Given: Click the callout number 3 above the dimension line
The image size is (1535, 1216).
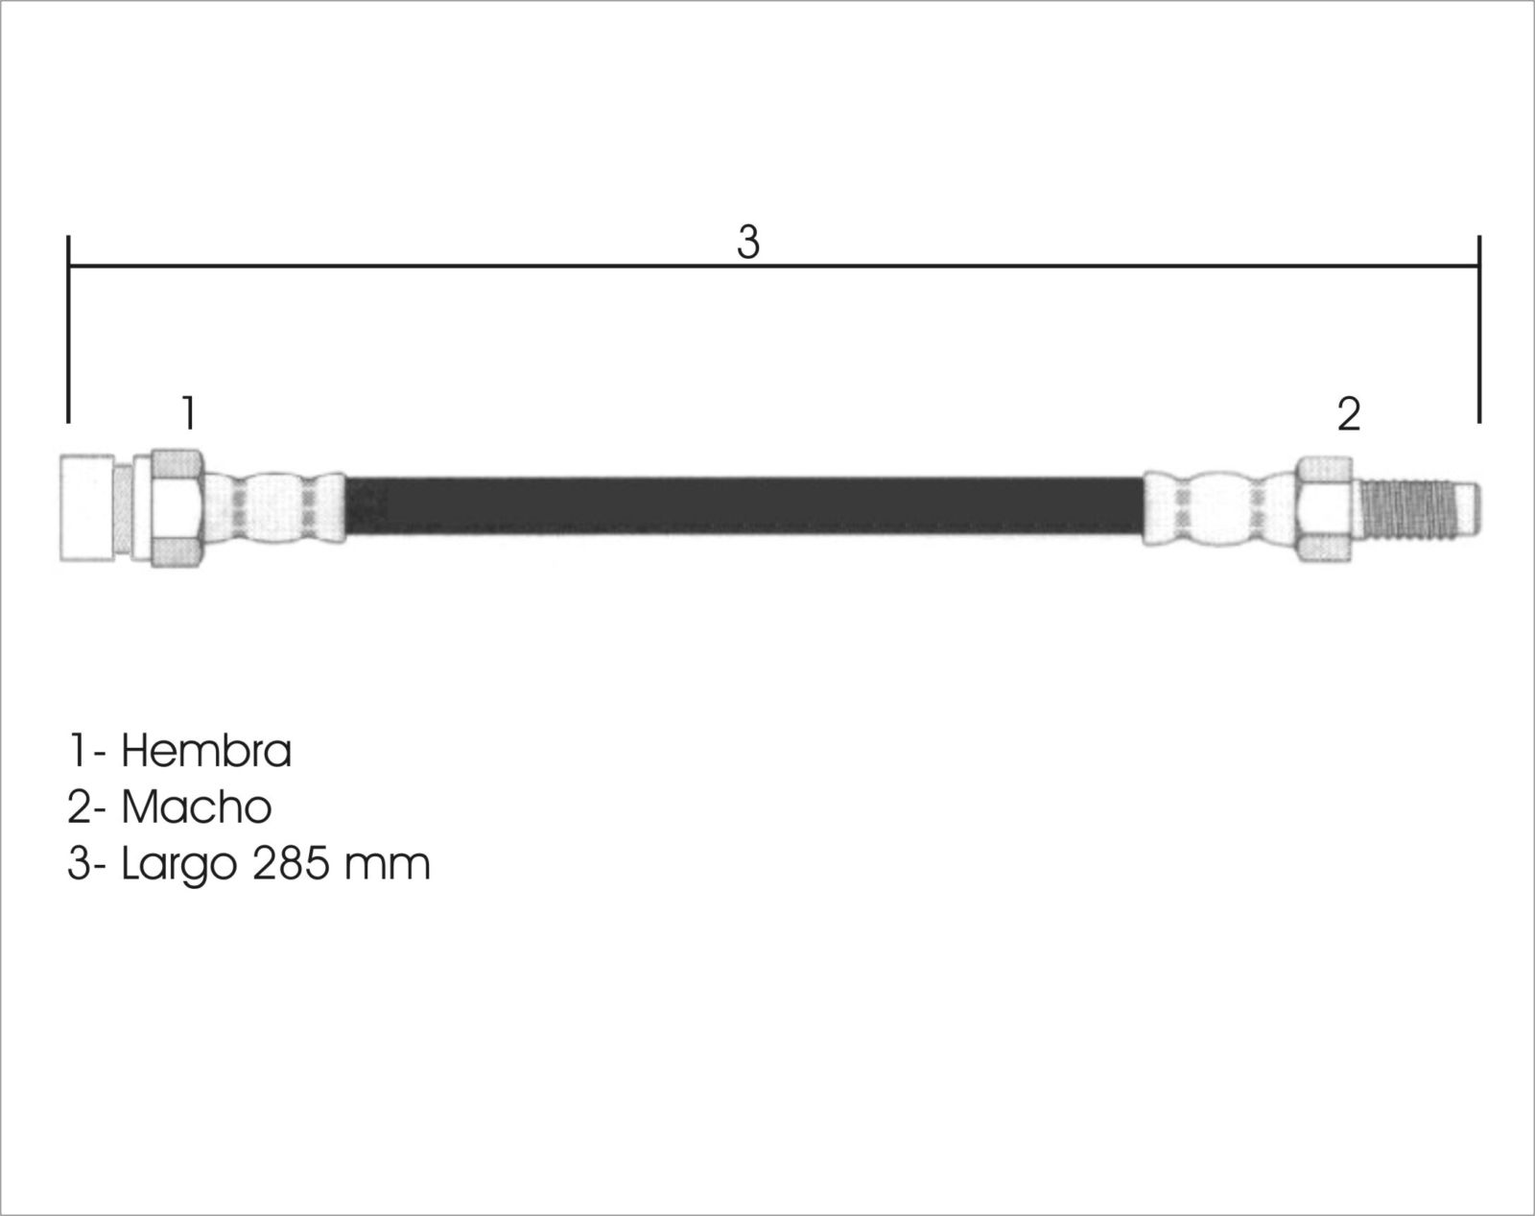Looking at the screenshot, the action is click(x=748, y=242).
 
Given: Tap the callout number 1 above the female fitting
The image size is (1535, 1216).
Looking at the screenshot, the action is click(x=188, y=412).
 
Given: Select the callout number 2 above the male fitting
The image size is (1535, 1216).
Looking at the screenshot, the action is click(x=1349, y=414).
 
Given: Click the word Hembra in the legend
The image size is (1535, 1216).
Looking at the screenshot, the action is click(x=206, y=751).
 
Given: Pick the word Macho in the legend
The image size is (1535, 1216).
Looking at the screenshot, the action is click(x=197, y=807).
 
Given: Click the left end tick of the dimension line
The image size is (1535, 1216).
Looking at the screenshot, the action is click(x=68, y=329).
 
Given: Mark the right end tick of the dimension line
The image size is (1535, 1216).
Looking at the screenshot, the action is click(x=1478, y=329).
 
